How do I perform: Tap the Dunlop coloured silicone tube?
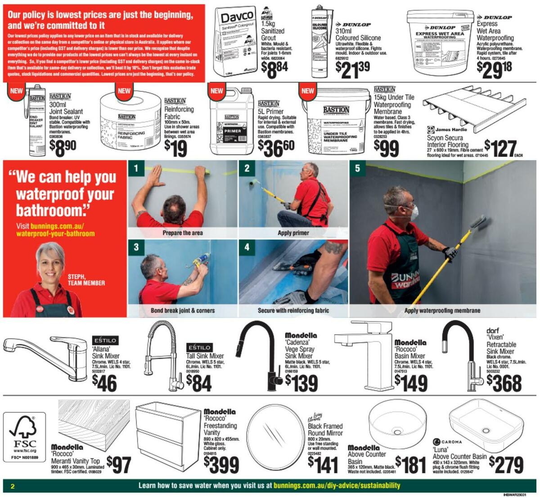click(319, 43)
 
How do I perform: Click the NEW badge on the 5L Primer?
click(217, 91)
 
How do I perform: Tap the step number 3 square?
click(136, 247)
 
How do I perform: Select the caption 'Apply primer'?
click(293, 233)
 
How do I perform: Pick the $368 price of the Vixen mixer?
click(504, 383)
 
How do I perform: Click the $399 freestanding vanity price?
click(221, 465)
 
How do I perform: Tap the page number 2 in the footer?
click(13, 486)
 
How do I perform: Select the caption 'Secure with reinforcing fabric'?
click(293, 310)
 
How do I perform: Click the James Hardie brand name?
click(451, 130)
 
